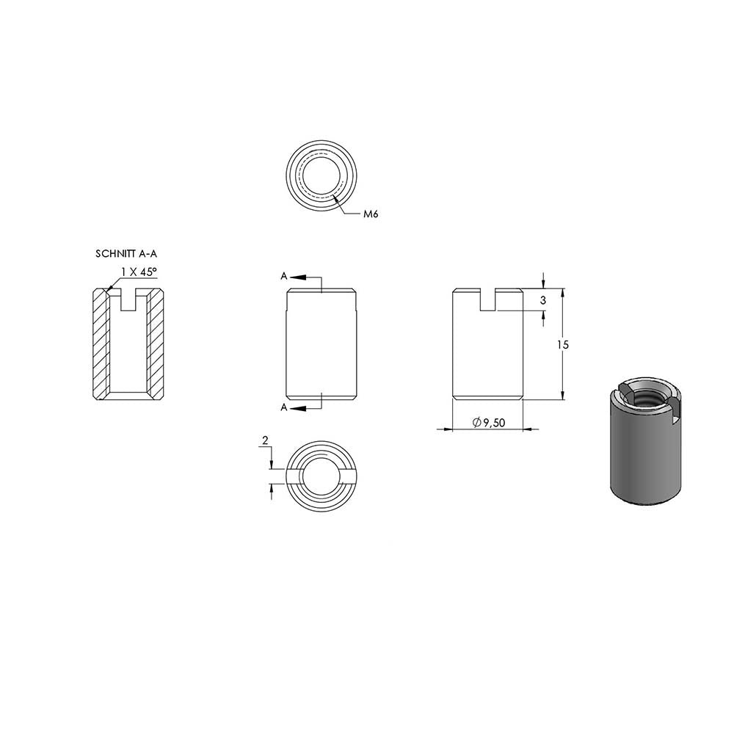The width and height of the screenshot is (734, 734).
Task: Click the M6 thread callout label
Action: (x=371, y=214)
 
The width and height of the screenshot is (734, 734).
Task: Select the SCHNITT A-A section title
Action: (x=126, y=254)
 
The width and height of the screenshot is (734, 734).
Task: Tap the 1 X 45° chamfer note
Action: (x=139, y=272)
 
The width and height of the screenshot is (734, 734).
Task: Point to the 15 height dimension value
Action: (x=563, y=344)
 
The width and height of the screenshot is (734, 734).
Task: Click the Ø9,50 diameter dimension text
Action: (x=489, y=423)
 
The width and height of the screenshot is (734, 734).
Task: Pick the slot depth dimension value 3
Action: (x=543, y=300)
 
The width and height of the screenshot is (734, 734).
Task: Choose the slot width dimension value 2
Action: (x=266, y=440)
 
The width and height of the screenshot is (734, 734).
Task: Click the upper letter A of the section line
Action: (x=283, y=276)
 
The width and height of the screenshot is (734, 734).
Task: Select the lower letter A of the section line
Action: (x=283, y=407)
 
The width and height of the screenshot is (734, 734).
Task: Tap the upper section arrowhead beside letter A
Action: (x=298, y=277)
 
